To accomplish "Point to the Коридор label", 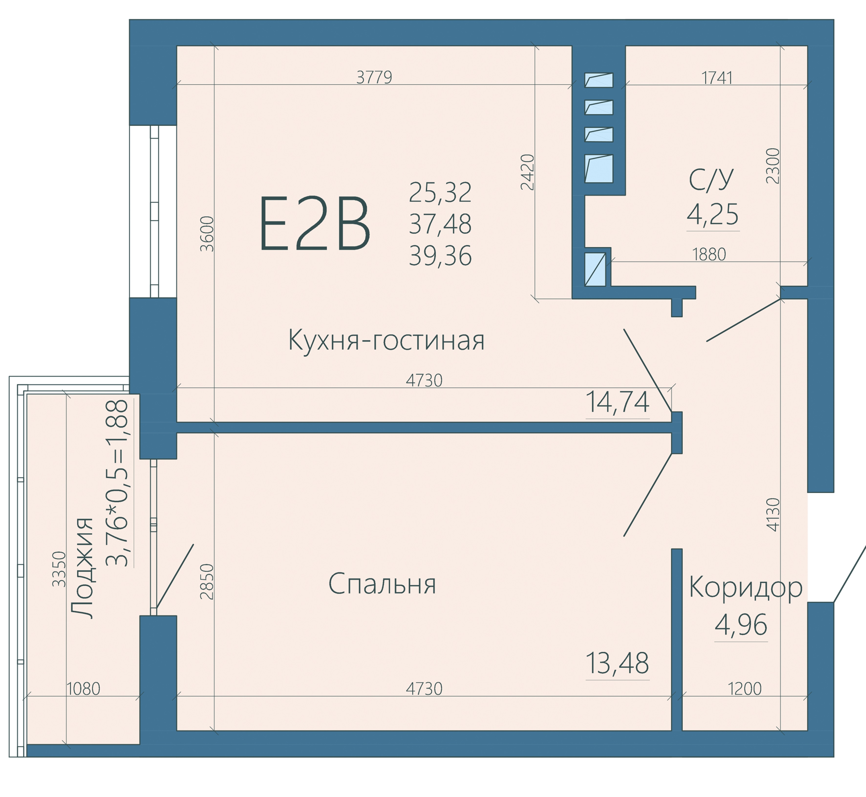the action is click(x=745, y=588).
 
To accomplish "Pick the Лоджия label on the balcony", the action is click(x=82, y=568).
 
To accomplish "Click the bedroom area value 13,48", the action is click(x=617, y=663).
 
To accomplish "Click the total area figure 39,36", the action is click(x=440, y=256).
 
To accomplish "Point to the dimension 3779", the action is click(x=374, y=77).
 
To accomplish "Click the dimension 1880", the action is click(x=709, y=254).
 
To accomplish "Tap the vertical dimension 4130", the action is click(x=774, y=515).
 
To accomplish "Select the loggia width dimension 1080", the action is click(x=83, y=689).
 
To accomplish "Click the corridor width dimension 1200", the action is click(x=745, y=689).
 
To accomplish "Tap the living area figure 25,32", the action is click(x=440, y=192).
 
